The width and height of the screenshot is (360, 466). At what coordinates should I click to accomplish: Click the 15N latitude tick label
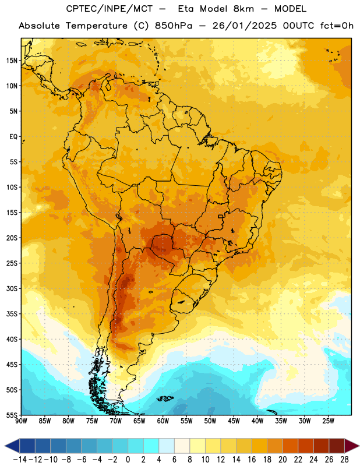pos(12,61)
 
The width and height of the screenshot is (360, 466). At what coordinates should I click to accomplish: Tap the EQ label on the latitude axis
pos(13,137)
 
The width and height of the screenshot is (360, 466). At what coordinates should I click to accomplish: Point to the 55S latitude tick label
pos(12,415)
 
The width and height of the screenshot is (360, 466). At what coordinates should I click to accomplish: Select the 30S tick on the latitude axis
pos(12,288)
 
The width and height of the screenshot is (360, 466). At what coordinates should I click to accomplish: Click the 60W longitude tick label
pos(163,421)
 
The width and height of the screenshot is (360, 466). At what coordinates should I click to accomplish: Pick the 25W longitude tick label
pos(328,421)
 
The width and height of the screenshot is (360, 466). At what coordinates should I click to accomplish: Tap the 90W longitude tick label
pos(22,421)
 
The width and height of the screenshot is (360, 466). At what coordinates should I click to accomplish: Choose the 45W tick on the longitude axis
pos(234,421)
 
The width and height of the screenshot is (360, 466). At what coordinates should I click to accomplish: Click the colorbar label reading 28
pos(344,460)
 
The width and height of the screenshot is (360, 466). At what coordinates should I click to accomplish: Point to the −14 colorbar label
pos(20,460)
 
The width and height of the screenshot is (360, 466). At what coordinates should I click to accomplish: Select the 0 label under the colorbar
pos(128,460)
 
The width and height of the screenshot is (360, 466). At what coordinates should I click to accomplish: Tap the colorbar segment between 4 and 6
pos(167,446)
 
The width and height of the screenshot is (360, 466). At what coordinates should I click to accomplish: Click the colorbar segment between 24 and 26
pos(321,446)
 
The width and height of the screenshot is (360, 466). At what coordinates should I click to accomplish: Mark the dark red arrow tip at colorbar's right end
pos(359,446)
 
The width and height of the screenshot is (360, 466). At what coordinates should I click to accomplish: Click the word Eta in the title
pos(186,9)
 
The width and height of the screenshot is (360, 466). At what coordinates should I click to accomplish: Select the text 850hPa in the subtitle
pos(174,26)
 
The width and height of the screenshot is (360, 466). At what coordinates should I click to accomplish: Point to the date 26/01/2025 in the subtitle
pos(244,26)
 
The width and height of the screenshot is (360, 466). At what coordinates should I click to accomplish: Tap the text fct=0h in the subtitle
pos(337,26)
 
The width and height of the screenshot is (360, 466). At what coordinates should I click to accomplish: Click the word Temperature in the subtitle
pos(97,26)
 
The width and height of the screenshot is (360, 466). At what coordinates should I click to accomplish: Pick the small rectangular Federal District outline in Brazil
pos(221,216)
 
